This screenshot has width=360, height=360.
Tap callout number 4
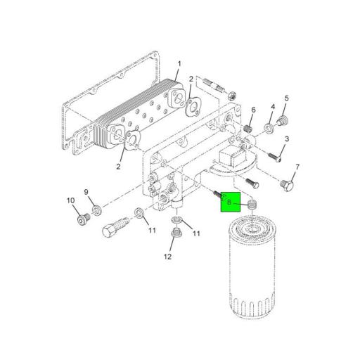(x=273, y=106)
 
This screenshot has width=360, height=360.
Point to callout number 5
(x=286, y=98)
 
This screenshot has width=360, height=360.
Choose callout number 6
(x=253, y=110)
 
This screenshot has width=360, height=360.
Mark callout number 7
(x=297, y=167)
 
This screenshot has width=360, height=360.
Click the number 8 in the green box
(x=229, y=202)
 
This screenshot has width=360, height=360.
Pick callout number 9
(x=86, y=192)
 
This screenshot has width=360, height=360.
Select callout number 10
(x=70, y=201)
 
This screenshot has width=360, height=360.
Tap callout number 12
(x=168, y=257)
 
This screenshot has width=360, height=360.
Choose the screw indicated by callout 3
(x=275, y=156)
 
